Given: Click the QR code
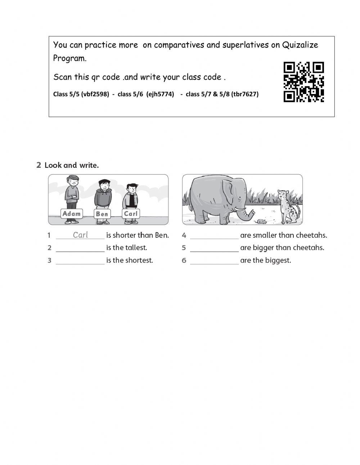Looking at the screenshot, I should click(x=304, y=82).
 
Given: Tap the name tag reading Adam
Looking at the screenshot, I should click(x=72, y=214).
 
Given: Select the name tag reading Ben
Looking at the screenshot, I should click(x=102, y=214).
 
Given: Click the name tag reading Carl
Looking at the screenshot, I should click(x=131, y=214).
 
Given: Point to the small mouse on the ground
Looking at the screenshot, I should click(x=259, y=221).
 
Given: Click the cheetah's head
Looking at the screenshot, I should click(x=282, y=195).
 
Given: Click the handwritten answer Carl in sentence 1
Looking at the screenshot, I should click(x=80, y=235).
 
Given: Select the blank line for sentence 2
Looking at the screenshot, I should click(x=80, y=249).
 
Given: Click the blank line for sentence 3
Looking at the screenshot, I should click(x=80, y=261).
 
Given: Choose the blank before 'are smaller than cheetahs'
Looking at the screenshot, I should click(x=214, y=236).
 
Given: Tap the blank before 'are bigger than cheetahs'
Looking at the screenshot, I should click(x=214, y=249).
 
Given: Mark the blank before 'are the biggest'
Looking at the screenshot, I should click(x=214, y=261).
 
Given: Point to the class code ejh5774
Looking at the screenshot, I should click(x=161, y=94).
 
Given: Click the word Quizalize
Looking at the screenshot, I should click(x=300, y=45).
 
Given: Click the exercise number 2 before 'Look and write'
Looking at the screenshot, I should click(x=39, y=165).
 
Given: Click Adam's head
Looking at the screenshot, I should click(x=73, y=181).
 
